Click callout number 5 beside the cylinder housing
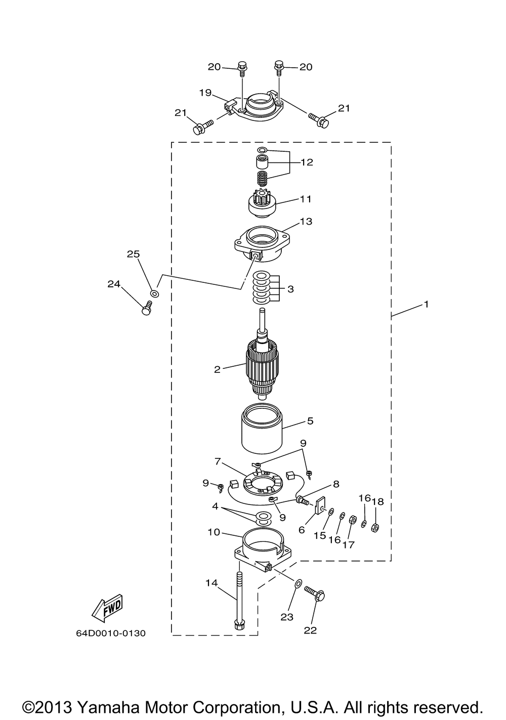310,420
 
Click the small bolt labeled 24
147,307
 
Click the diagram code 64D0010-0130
110,633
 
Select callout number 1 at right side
426,304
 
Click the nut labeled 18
375,528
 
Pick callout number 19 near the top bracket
205,93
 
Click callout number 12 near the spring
307,162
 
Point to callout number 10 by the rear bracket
214,532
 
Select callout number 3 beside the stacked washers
290,289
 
